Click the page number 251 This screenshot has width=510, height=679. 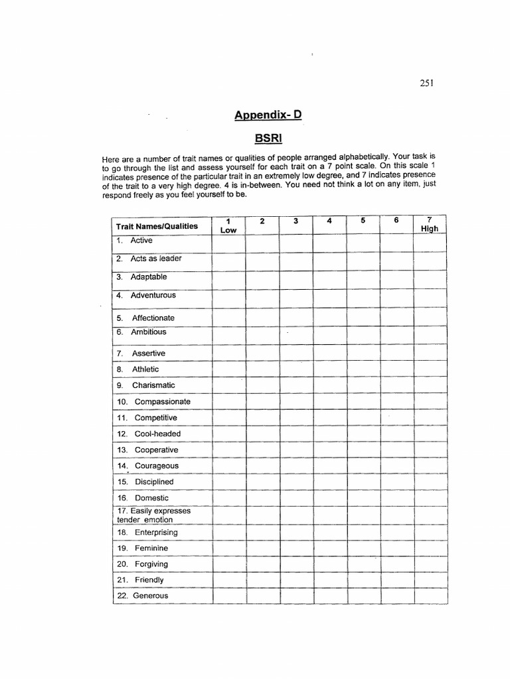click(x=426, y=83)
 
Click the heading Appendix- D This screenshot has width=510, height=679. click(x=268, y=115)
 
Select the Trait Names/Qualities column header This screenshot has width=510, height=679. click(x=157, y=226)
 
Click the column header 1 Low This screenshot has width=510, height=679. click(x=228, y=225)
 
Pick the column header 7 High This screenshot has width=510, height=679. click(x=430, y=225)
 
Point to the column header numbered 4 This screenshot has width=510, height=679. click(x=329, y=221)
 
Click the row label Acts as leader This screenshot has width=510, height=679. click(x=155, y=259)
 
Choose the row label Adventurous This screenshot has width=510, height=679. click(x=153, y=295)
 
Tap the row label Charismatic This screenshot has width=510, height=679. click(x=153, y=385)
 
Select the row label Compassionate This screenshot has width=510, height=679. click(x=162, y=402)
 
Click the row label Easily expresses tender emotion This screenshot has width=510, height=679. click(x=153, y=515)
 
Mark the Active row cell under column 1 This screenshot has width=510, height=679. click(x=228, y=243)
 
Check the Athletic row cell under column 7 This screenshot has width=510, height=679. click(x=430, y=369)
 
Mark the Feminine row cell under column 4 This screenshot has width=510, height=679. click(x=329, y=548)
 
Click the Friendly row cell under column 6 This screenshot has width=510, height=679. click(x=396, y=580)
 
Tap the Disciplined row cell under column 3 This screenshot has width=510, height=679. click(x=296, y=482)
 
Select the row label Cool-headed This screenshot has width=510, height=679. click(x=157, y=434)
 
